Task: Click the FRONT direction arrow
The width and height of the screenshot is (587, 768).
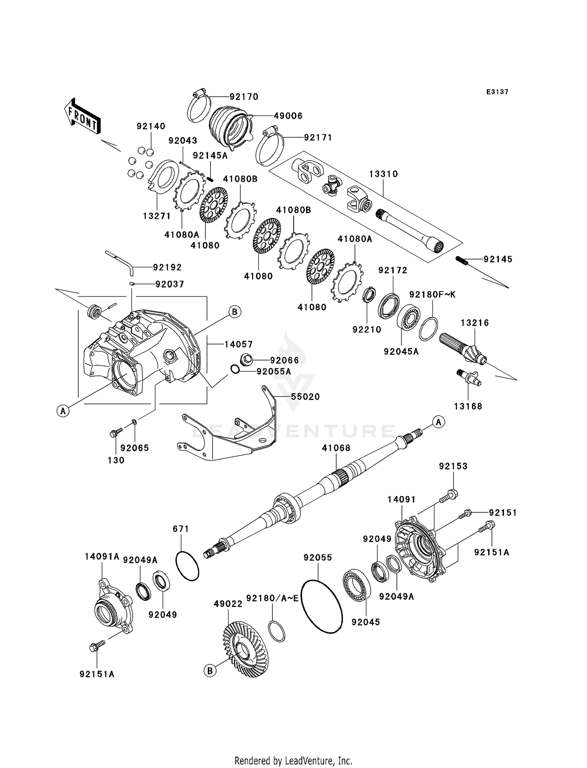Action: pyautogui.click(x=82, y=117)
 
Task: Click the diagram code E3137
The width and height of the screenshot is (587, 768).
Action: pyautogui.click(x=497, y=92)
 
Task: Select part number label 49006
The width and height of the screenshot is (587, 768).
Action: pyautogui.click(x=288, y=116)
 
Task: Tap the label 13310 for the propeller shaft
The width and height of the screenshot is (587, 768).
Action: pyautogui.click(x=384, y=174)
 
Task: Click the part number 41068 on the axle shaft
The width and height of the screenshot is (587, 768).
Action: pyautogui.click(x=336, y=448)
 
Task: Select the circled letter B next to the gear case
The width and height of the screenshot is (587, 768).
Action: pyautogui.click(x=234, y=312)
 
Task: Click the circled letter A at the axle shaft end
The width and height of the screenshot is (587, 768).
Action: pyautogui.click(x=439, y=422)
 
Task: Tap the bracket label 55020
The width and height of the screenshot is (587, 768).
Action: pyautogui.click(x=305, y=397)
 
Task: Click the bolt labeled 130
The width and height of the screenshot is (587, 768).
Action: pyautogui.click(x=116, y=433)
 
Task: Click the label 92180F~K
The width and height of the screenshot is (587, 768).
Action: pyautogui.click(x=432, y=294)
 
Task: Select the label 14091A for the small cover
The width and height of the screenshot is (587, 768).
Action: pyautogui.click(x=102, y=556)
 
